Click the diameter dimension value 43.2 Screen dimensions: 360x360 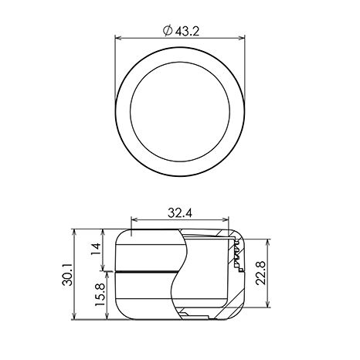pyautogui.click(x=188, y=32)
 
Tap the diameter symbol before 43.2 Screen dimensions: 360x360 pyautogui.click(x=168, y=31)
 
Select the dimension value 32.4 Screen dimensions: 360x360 pyautogui.click(x=180, y=213)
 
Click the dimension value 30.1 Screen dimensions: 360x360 pyautogui.click(x=67, y=274)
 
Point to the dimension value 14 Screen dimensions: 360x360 pyautogui.click(x=96, y=249)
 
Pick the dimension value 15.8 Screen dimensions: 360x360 pyautogui.click(x=100, y=295)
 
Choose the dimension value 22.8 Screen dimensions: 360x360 pyautogui.click(x=260, y=273)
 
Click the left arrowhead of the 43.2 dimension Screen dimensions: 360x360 pyautogui.click(x=118, y=38)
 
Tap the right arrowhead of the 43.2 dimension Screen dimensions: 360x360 pyautogui.click(x=242, y=38)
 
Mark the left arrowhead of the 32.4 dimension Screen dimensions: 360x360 pyautogui.click(x=134, y=219)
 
